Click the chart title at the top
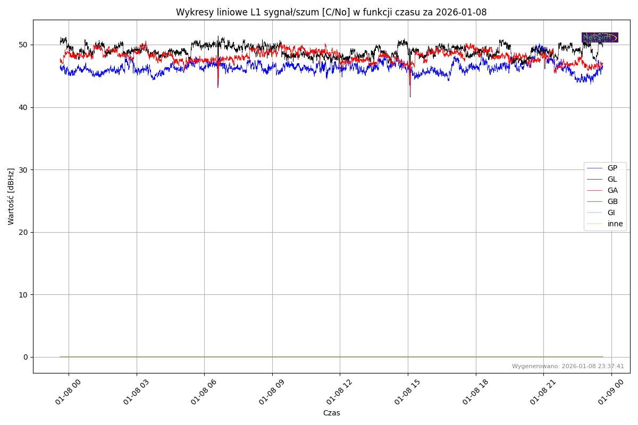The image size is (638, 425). click(331, 12)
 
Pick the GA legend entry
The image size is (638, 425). click(612, 190)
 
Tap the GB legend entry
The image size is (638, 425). click(612, 201)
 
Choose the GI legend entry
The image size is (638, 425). click(611, 212)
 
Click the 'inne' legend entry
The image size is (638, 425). click(615, 224)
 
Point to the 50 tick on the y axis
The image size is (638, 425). click(24, 45)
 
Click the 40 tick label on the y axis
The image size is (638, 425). click(24, 107)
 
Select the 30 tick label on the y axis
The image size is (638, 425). click(24, 169)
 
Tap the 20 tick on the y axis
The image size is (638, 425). click(24, 232)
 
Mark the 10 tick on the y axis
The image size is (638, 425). click(24, 294)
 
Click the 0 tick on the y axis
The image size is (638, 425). click(26, 357)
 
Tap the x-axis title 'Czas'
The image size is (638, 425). click(331, 413)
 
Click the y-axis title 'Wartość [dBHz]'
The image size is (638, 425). click(11, 196)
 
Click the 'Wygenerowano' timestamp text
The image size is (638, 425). click(568, 366)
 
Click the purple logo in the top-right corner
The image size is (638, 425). click(600, 37)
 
